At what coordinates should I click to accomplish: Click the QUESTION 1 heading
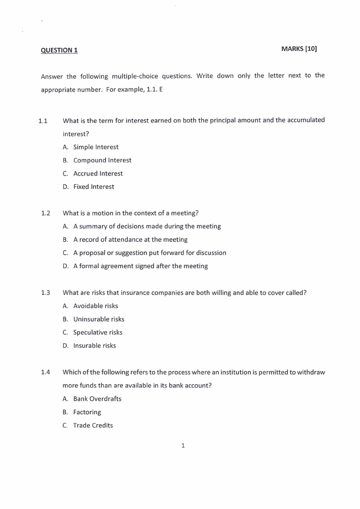(x=59, y=50)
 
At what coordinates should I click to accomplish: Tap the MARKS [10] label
(x=299, y=49)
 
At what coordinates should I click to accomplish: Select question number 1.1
(x=43, y=121)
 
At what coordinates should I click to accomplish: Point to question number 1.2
(x=45, y=213)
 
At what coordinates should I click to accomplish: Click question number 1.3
(x=45, y=293)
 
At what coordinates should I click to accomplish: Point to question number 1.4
(x=45, y=372)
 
